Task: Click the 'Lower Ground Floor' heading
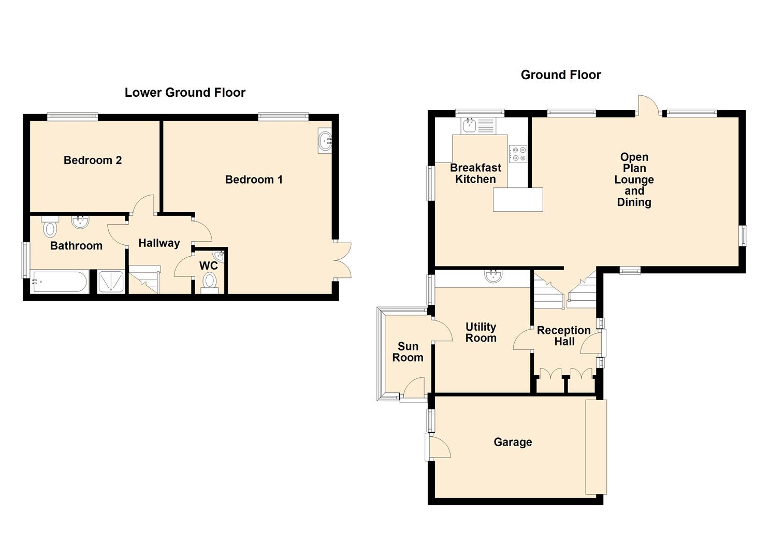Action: tap(185, 93)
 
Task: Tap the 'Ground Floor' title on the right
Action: tap(560, 75)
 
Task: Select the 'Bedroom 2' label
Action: tap(93, 160)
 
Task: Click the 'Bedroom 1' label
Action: tap(254, 180)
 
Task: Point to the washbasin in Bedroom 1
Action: tap(325, 140)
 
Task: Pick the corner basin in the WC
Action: tap(220, 256)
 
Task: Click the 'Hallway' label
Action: tap(159, 243)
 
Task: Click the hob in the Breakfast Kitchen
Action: tap(518, 154)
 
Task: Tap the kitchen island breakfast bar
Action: tap(518, 199)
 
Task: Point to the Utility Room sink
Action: tap(494, 277)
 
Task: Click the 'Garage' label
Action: tap(513, 442)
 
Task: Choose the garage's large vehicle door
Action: tap(596, 447)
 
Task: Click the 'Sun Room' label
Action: tap(408, 352)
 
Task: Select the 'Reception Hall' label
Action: tap(563, 336)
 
